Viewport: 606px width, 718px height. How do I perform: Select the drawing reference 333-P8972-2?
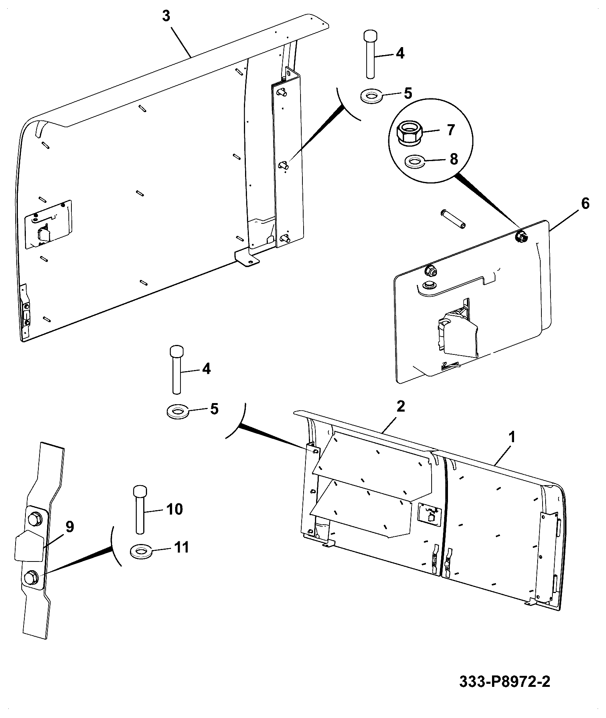click(505, 682)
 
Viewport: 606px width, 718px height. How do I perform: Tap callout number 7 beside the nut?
click(450, 130)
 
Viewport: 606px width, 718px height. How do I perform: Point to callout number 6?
click(585, 204)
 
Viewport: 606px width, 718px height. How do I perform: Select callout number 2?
click(400, 406)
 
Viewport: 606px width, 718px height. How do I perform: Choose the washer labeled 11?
click(141, 551)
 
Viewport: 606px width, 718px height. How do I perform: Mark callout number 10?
click(174, 509)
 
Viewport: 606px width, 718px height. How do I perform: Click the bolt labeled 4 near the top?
click(370, 55)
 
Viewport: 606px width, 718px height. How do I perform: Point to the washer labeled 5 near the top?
click(371, 95)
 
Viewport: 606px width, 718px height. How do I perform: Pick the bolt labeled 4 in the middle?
click(176, 370)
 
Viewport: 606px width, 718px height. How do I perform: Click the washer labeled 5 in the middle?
click(177, 411)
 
